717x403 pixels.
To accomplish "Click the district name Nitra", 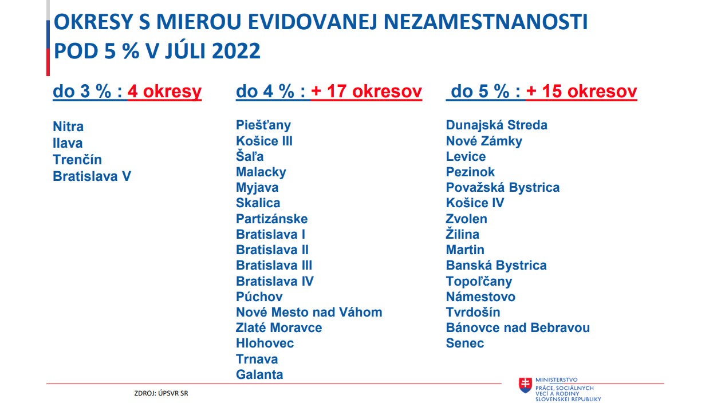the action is click(68, 127).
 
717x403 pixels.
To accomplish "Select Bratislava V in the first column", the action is click(92, 176).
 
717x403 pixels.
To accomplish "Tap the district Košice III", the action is click(264, 141).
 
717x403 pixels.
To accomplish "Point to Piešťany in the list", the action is click(263, 125).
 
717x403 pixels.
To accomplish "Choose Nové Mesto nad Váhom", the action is click(309, 312).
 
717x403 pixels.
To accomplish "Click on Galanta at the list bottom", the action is click(259, 374).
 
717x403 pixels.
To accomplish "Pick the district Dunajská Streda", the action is click(497, 125).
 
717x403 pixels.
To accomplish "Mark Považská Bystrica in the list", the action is click(503, 188).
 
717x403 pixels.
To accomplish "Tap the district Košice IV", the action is click(475, 203).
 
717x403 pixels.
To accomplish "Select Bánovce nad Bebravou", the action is click(518, 328).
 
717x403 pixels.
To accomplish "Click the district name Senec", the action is click(465, 343).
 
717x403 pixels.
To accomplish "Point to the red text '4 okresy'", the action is click(164, 92).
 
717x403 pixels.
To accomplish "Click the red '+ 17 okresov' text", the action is click(367, 92).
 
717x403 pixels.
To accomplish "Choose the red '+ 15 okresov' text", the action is click(582, 92).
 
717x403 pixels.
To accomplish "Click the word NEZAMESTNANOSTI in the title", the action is click(486, 22).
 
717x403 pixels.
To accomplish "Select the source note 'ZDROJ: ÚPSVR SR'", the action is click(161, 393).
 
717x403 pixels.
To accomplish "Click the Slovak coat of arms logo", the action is click(525, 385).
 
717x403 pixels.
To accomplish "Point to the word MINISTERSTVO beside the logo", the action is click(557, 380).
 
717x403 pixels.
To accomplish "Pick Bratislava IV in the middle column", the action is click(275, 282).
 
